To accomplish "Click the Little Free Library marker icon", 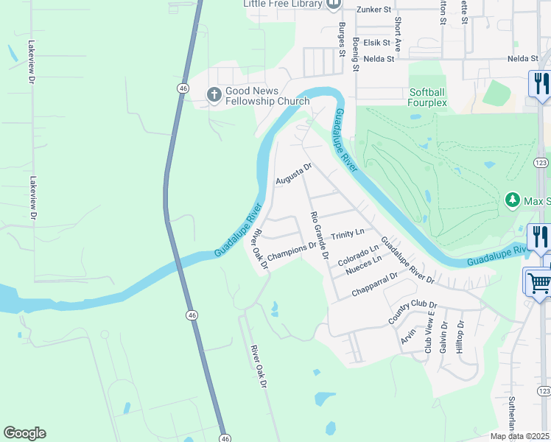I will coord(333,4).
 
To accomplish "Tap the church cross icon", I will coord(214,94).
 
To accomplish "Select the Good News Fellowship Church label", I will coord(267,96).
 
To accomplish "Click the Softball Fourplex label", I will coord(428,97).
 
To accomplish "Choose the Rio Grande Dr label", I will coord(320,236).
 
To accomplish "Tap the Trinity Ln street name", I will coord(348,234).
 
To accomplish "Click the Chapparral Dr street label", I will coord(374,284).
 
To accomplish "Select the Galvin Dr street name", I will coord(443,338).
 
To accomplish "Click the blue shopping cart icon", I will coord(538,281).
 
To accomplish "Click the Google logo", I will coord(24,433).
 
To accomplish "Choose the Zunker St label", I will coord(372,9).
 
